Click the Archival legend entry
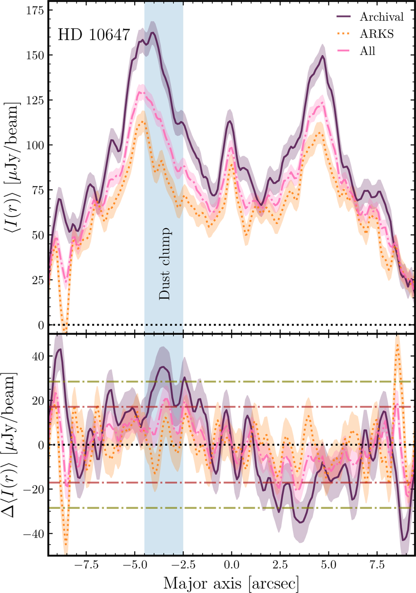click(381, 17)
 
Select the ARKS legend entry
click(377, 34)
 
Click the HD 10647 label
click(94, 35)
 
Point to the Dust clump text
click(165, 264)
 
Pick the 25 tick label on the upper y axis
click(37, 280)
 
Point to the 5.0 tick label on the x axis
click(328, 565)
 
